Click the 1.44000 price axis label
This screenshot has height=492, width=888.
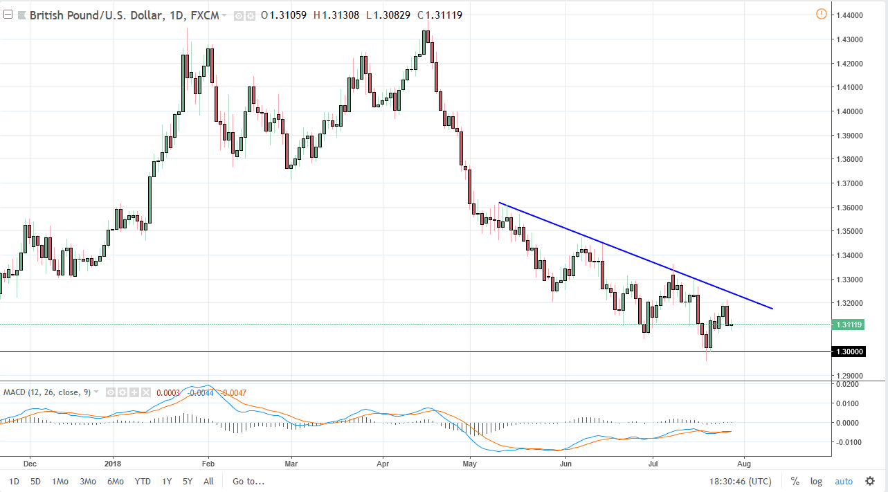(851, 15)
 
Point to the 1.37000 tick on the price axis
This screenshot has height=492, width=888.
(851, 183)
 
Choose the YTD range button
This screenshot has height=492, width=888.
(143, 482)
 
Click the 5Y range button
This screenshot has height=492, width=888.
(188, 482)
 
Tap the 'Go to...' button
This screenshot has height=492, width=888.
(248, 482)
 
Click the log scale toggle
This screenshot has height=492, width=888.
(817, 482)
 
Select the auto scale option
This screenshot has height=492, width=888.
(844, 482)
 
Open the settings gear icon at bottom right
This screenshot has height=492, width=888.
(870, 482)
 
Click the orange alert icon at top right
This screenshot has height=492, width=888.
(821, 14)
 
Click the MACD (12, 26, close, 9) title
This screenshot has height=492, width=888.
(46, 392)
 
